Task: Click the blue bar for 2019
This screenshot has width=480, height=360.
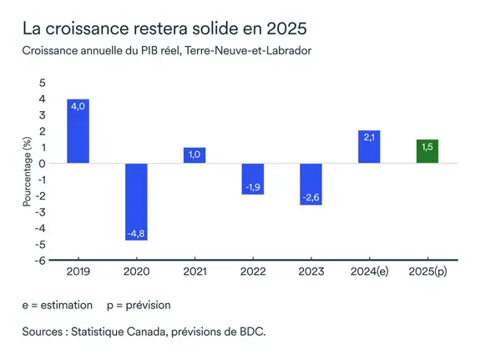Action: (78, 131)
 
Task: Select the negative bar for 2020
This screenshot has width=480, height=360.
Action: (136, 202)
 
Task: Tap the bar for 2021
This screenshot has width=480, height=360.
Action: (195, 155)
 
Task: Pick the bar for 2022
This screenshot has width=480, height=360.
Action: (252, 179)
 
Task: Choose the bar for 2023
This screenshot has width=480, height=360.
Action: (311, 185)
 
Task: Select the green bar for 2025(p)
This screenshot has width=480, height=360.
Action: (427, 151)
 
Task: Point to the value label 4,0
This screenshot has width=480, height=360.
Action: (78, 107)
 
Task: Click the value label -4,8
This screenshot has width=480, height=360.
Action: (136, 233)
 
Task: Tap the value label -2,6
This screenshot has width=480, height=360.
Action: (311, 197)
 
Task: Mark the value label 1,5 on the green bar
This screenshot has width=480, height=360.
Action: (427, 147)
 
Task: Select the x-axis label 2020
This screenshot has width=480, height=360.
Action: (136, 271)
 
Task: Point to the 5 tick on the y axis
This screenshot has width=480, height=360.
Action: (43, 84)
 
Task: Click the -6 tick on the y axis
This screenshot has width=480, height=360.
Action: (41, 260)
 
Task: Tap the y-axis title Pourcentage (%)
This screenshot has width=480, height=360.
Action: (27, 171)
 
